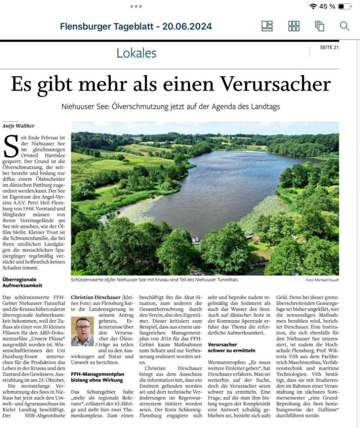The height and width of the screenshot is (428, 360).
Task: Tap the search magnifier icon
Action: pyautogui.click(x=344, y=26)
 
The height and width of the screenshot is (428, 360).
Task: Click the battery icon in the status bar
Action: pyautogui.click(x=344, y=6)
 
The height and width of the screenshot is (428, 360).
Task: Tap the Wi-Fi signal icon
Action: pyautogui.click(x=313, y=6)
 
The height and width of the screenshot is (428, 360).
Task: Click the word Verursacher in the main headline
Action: pyautogui.click(x=276, y=84)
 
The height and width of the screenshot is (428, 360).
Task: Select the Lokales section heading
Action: pyautogui.click(x=136, y=53)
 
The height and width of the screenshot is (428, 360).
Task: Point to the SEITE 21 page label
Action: pyautogui.click(x=329, y=48)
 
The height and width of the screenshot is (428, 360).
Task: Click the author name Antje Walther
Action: pyautogui.click(x=18, y=126)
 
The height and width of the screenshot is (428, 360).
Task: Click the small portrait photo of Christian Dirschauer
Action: pyautogui.click(x=82, y=331)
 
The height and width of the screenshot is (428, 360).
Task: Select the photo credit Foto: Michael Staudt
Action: pyautogui.click(x=322, y=280)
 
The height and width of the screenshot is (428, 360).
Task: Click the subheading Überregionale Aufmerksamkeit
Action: pyautogui.click(x=22, y=283)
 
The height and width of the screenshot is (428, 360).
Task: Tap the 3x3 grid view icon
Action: pyautogui.click(x=294, y=26)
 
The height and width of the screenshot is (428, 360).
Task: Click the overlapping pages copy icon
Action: pyautogui.click(x=320, y=26)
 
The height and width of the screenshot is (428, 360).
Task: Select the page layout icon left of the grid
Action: pyautogui.click(x=267, y=26)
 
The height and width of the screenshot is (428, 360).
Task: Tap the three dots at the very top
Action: pyautogui.click(x=136, y=6)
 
